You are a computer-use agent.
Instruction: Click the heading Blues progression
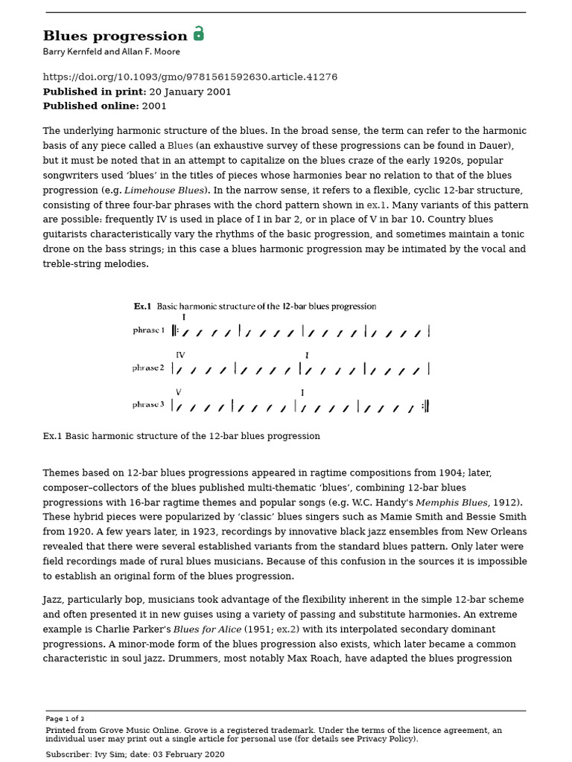click(115, 36)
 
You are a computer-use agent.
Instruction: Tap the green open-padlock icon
click(199, 34)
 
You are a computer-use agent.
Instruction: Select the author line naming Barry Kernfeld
click(111, 52)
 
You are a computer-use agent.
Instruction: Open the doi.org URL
click(190, 77)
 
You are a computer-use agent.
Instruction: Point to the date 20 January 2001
click(190, 92)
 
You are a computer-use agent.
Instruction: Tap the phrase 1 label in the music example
click(149, 330)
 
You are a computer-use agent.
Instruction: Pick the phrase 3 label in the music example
click(149, 405)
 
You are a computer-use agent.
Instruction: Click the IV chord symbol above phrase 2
click(180, 355)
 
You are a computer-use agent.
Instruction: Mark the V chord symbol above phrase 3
click(178, 392)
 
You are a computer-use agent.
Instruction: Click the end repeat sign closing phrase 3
click(425, 406)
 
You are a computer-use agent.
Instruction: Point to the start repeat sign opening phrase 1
click(175, 331)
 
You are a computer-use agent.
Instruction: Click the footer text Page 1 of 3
click(65, 719)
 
